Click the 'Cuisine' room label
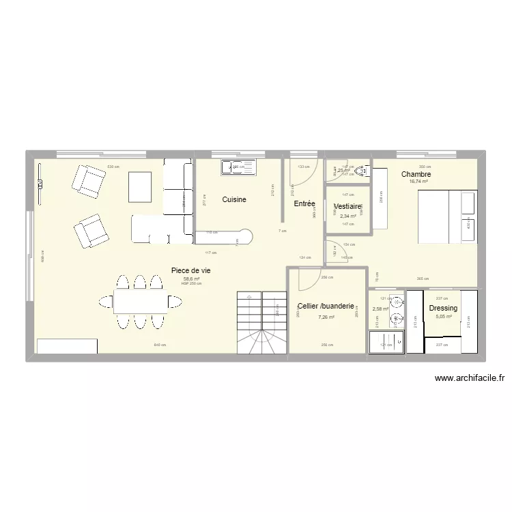pyautogui.click(x=233, y=200)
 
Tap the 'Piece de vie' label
pyautogui.click(x=190, y=270)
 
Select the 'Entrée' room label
pyautogui.click(x=304, y=203)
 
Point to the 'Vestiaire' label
pyautogui.click(x=348, y=206)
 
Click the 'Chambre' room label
pyautogui.click(x=416, y=174)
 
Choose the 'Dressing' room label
pyautogui.click(x=443, y=309)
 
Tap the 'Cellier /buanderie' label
pyautogui.click(x=326, y=307)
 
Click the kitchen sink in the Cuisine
pyautogui.click(x=238, y=167)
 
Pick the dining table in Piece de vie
pyautogui.click(x=139, y=301)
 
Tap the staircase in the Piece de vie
pyautogui.click(x=261, y=322)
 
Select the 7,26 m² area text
pyautogui.click(x=326, y=317)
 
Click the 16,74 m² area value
pyautogui.click(x=418, y=182)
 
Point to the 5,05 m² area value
pyautogui.click(x=444, y=317)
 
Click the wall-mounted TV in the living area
pyautogui.click(x=40, y=182)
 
